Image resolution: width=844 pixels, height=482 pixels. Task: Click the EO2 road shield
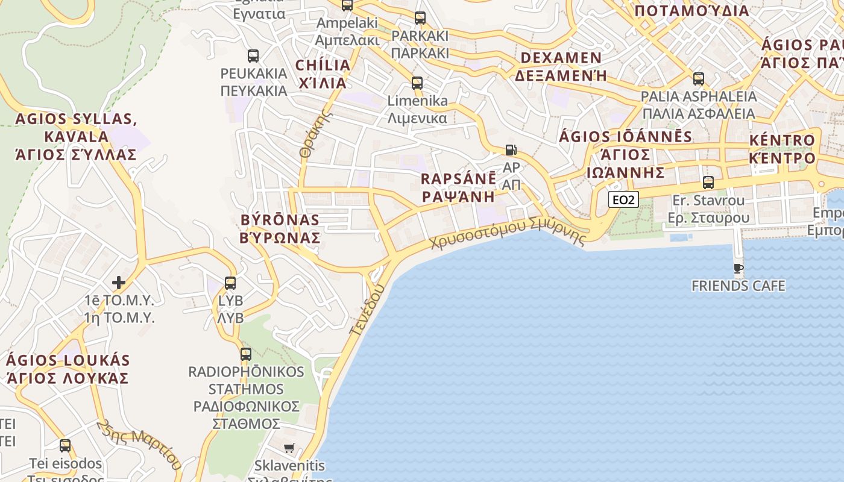coord(623,199)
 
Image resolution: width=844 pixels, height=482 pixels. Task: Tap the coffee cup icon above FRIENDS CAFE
coord(738,268)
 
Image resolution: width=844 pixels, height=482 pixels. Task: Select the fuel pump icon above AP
coord(511,150)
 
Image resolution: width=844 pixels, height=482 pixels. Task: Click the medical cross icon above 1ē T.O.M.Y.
coord(119,282)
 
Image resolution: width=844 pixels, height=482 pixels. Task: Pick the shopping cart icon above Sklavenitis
coord(289,448)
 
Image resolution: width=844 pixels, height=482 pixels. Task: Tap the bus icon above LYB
coord(230,283)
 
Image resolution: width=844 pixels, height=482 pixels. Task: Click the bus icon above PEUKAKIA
coord(253,56)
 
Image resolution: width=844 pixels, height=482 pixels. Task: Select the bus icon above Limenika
coord(417,83)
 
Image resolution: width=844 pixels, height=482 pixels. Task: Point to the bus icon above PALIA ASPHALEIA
coord(698,79)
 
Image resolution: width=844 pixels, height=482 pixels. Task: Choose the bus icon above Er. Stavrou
coord(708,182)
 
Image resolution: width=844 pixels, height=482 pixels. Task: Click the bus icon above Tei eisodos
coord(65,446)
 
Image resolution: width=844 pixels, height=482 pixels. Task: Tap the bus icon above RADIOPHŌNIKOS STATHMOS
coord(246,354)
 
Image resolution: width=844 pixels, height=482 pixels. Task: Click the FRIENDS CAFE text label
coord(738,286)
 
